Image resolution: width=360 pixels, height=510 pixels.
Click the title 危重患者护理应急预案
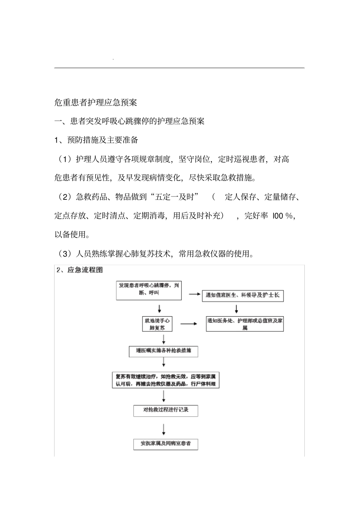95,102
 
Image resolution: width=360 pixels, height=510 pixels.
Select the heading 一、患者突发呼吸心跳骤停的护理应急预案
129,121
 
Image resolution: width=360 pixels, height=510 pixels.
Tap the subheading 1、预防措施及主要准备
96,140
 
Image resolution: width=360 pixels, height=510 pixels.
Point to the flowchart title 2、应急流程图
80,270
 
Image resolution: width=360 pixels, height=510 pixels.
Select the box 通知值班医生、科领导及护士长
243,295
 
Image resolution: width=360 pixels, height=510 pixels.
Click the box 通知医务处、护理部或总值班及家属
245,324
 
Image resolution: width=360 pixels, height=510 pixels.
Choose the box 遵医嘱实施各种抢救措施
163,351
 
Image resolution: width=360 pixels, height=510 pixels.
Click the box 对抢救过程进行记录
166,411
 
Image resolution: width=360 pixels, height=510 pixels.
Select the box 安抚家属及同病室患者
166,444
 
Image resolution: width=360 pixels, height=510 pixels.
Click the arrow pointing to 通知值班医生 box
194,294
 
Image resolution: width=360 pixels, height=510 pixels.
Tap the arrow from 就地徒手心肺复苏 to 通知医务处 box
189,324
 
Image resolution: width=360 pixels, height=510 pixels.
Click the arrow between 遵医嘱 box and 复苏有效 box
164,363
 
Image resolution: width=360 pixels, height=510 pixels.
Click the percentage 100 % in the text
283,216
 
